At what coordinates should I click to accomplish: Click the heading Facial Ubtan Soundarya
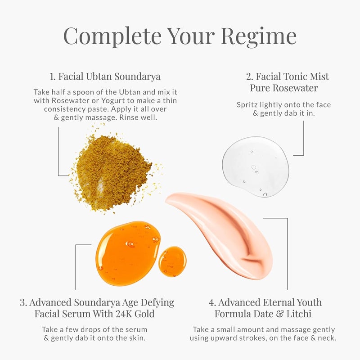pyautogui.click(x=110, y=76)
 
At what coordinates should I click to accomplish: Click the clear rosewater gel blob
pyautogui.click(x=256, y=166)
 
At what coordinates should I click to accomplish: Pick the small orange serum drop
pyautogui.click(x=172, y=261)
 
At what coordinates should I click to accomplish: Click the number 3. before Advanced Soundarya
pyautogui.click(x=23, y=302)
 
